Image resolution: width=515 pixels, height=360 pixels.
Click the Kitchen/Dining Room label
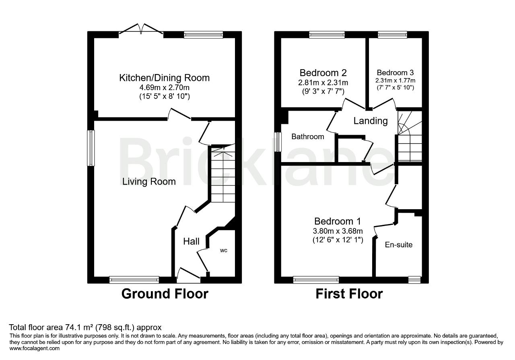[165, 78]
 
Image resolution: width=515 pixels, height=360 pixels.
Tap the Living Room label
[149, 182]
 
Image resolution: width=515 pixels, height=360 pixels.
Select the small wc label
[223, 251]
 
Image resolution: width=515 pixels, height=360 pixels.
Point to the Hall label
[191, 241]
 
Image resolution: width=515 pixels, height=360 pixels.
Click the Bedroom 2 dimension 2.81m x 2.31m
[323, 82]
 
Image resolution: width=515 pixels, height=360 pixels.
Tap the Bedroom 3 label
[395, 73]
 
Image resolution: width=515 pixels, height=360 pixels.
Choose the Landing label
[371, 121]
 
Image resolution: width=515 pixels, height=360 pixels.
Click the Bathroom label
[308, 136]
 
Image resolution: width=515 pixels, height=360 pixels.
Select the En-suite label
[399, 245]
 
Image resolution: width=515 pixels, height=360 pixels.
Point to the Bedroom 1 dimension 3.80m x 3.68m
[338, 230]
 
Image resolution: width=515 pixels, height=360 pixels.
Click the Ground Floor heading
[165, 294]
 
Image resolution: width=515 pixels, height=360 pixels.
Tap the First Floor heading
[349, 294]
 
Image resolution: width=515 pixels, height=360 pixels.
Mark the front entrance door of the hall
[189, 276]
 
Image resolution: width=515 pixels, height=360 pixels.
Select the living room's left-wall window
[91, 148]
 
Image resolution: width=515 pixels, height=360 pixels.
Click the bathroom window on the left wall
[278, 142]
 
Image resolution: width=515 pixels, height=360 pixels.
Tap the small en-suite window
[414, 280]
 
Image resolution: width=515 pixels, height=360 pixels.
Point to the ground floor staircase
[223, 173]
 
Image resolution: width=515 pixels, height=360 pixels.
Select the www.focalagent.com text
[35, 348]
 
